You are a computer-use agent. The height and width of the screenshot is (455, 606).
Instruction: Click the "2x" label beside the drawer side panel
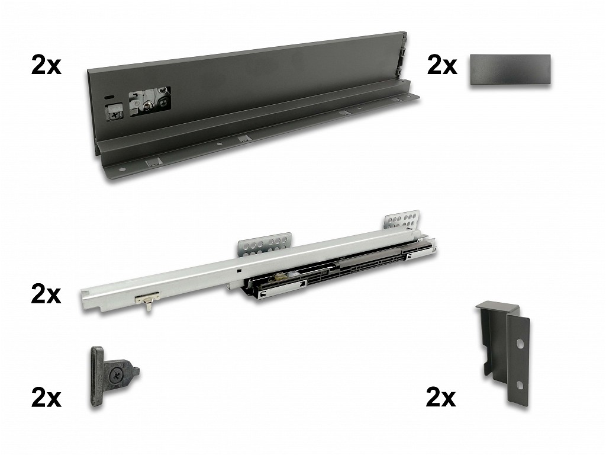(46, 66)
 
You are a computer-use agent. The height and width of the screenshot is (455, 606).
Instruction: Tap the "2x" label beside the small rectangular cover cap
(442, 66)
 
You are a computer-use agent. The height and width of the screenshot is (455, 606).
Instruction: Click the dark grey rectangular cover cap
(510, 70)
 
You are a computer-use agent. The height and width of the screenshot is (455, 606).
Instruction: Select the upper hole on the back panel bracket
(521, 344)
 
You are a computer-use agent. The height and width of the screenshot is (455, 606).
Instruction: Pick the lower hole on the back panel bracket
(520, 385)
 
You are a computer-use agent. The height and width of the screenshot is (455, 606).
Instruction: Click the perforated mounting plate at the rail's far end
(402, 220)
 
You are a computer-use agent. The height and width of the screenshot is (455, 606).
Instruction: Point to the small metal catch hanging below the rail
(147, 300)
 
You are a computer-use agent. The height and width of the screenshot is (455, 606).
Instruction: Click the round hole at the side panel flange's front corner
(123, 170)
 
